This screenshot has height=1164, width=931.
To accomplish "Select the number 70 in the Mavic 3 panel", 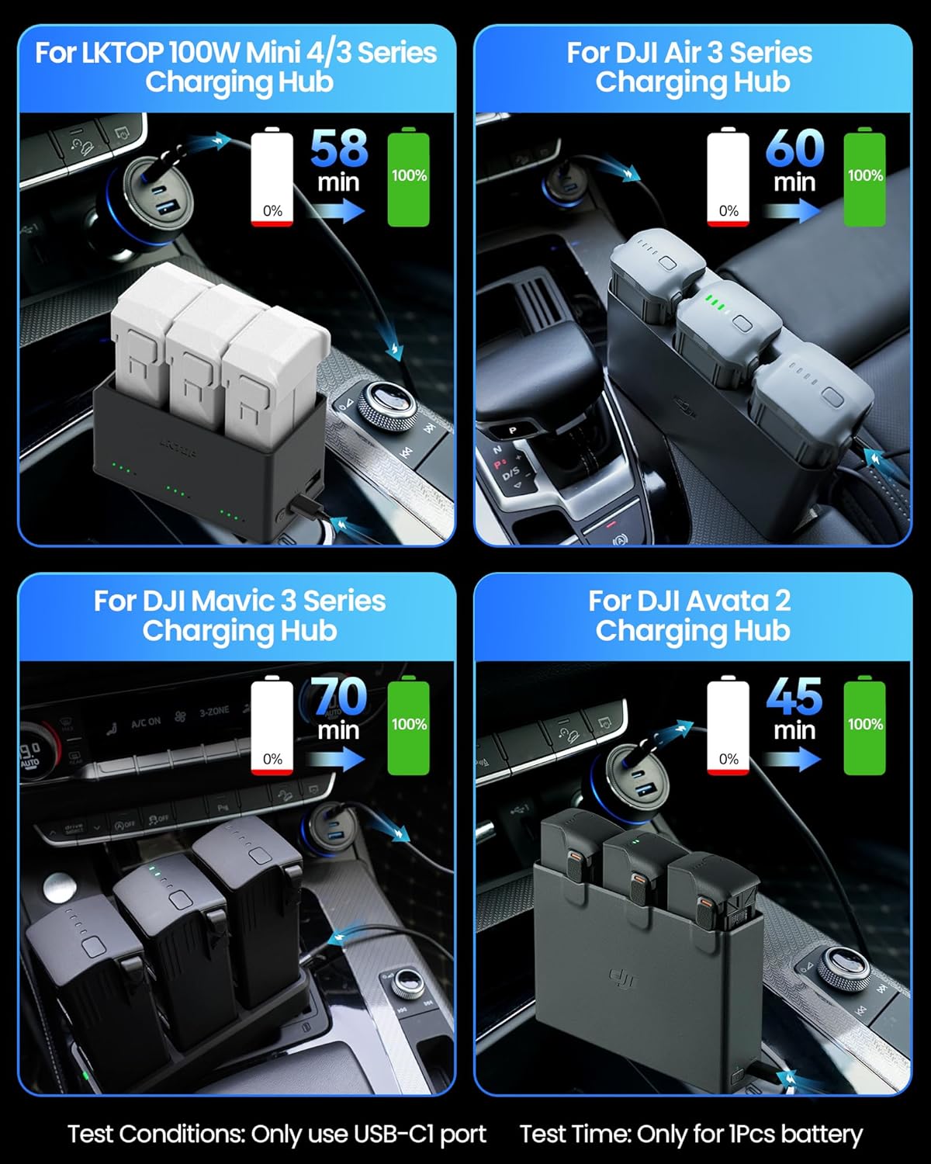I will point(339,696).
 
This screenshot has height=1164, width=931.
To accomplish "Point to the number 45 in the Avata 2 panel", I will point(794,696).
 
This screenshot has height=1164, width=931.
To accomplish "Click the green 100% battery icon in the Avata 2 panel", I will point(864,725).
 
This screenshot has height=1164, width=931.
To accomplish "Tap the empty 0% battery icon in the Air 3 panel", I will point(728,178).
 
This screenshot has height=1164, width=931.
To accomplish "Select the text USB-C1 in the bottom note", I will point(420,1134).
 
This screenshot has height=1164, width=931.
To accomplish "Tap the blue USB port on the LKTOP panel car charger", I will point(168,208).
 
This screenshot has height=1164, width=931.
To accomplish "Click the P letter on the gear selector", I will point(512,430).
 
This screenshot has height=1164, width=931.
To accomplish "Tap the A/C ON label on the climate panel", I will point(146,722).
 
